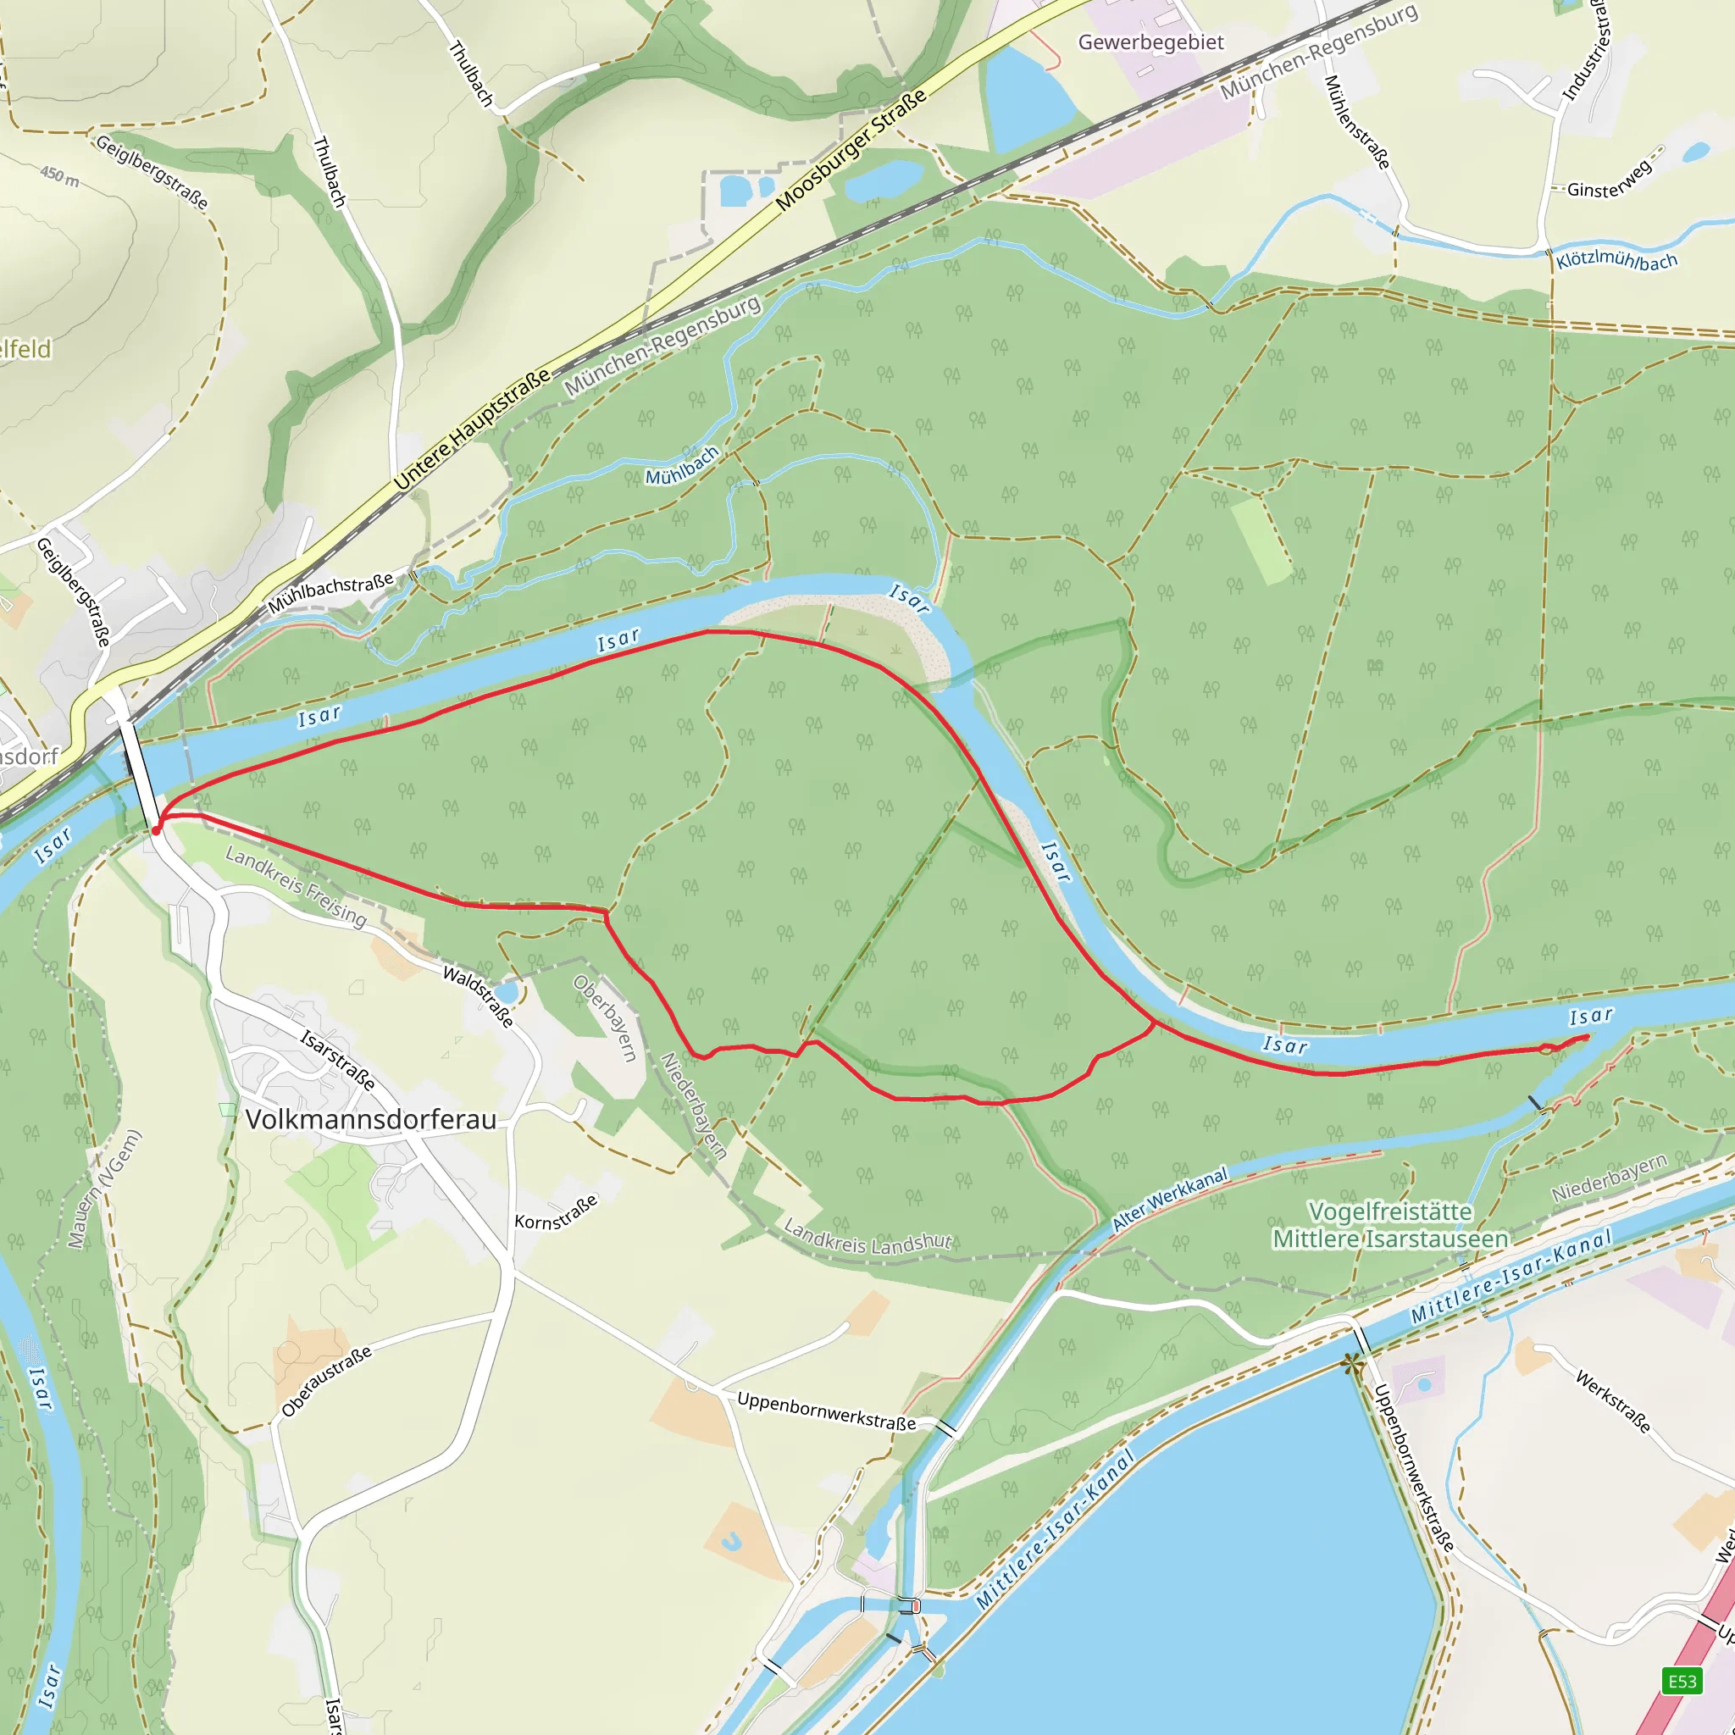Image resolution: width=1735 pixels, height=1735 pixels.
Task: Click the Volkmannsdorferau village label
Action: tap(370, 1120)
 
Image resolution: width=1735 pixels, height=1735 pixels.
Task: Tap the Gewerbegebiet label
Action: tap(1150, 42)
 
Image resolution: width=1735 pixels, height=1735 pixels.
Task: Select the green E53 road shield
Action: tap(1682, 1681)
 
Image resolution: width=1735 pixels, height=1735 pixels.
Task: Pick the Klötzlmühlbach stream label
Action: tap(1616, 260)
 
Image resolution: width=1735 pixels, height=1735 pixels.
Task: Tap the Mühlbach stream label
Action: tap(683, 466)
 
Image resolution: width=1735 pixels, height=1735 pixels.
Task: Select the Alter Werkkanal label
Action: tap(1169, 1200)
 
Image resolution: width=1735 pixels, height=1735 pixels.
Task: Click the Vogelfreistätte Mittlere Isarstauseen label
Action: tap(1390, 1225)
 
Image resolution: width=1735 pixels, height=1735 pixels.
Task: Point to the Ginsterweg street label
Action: tap(1610, 180)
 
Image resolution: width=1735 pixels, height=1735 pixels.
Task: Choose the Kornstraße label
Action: tap(556, 1212)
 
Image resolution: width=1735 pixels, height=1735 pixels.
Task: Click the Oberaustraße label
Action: tap(326, 1382)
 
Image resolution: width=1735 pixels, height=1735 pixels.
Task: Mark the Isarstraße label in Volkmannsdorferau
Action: tap(338, 1061)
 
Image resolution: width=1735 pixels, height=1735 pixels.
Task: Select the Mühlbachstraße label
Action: tap(330, 594)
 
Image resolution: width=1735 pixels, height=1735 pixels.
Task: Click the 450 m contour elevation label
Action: tap(59, 175)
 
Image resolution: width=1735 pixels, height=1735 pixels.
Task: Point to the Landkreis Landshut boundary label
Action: tap(867, 1237)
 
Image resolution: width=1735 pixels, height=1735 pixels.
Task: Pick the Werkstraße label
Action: tap(1613, 1402)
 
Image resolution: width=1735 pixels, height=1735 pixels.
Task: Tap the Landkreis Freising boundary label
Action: tap(296, 886)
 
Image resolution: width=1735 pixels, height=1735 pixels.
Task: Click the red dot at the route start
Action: tap(156, 831)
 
